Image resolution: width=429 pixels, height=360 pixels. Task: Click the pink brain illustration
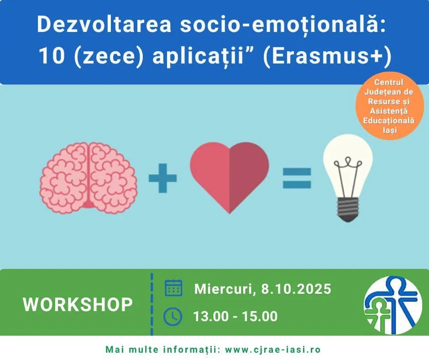point(89,178)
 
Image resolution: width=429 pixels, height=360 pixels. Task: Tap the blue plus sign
point(162,178)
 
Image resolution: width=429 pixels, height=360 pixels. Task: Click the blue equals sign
point(297,178)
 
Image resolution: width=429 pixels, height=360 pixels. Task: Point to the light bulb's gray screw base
point(348,209)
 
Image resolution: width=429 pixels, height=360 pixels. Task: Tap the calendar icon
point(173,288)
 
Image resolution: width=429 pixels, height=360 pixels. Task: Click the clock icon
point(173,317)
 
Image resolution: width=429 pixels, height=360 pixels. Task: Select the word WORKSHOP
point(78,304)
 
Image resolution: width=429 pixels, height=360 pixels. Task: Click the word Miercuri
point(225,289)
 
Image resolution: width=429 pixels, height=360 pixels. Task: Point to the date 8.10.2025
point(296,289)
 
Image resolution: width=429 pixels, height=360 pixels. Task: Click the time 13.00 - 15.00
point(235,316)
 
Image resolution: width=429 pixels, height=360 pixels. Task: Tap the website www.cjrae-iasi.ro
point(273,349)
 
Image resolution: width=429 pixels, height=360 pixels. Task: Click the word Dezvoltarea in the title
point(104,24)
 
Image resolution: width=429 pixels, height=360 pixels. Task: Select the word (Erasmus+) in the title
point(327,56)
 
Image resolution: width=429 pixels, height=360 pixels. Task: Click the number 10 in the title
point(52,56)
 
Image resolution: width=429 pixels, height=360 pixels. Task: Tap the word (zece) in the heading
point(109,57)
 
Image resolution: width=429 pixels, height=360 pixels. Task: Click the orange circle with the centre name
point(389,106)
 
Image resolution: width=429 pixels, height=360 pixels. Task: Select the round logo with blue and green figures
point(393,306)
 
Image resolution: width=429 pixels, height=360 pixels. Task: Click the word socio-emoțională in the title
point(283,25)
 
